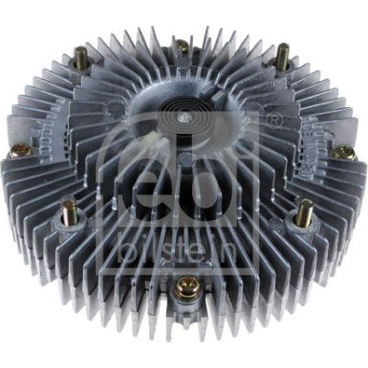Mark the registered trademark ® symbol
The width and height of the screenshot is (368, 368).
[277, 121]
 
